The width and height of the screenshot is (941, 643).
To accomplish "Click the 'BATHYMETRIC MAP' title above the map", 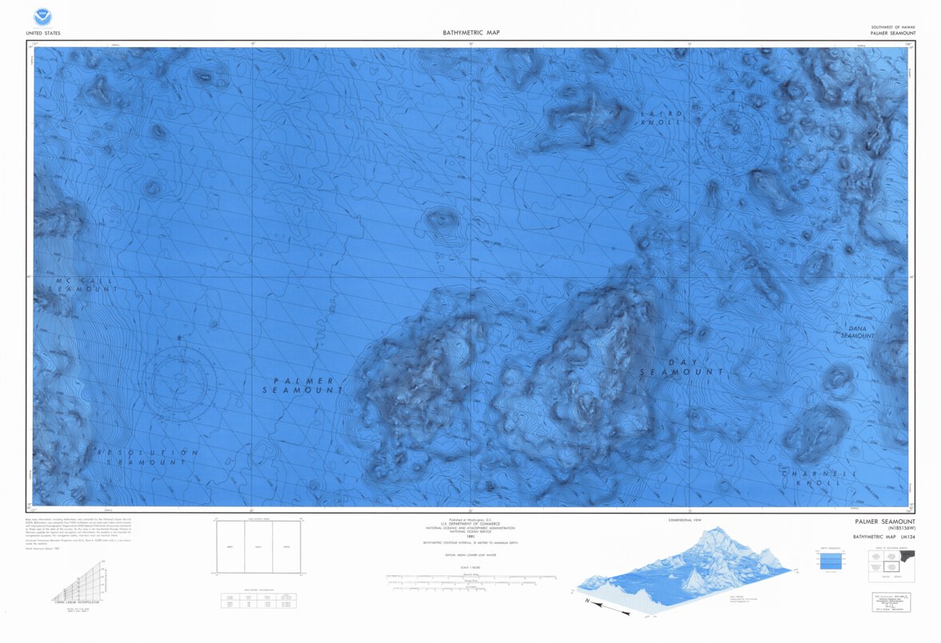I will (x=471, y=33).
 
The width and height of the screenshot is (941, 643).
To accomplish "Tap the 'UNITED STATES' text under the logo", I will (x=43, y=34).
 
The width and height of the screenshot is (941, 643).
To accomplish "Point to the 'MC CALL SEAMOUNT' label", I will (x=86, y=284).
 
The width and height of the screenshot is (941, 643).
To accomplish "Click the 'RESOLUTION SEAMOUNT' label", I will (x=147, y=457).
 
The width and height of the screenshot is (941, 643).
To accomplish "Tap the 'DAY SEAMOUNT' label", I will (x=681, y=367).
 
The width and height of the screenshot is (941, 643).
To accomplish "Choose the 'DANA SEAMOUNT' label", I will (x=857, y=332).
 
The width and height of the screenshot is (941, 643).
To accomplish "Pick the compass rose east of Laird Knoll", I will (x=733, y=136).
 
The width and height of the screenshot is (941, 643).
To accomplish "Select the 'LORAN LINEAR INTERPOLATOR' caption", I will (x=76, y=601).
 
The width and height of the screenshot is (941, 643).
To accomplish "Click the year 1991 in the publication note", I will (x=470, y=536).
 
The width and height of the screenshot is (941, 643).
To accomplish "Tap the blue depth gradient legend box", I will (x=832, y=562).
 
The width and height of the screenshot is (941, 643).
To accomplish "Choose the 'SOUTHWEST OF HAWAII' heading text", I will (x=893, y=27).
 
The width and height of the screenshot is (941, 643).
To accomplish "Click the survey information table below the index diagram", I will (x=258, y=600).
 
